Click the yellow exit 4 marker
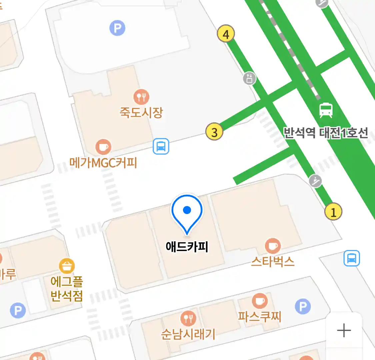click(x=226, y=34)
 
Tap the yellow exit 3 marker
click(x=214, y=132)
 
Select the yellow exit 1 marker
click(x=333, y=212)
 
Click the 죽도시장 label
click(x=141, y=112)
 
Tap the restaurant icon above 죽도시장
click(x=141, y=97)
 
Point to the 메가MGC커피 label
click(x=103, y=163)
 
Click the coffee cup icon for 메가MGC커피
click(x=103, y=147)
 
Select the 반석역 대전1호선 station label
click(x=326, y=133)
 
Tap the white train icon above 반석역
click(x=326, y=110)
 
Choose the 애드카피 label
click(x=187, y=247)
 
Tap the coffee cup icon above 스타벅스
click(x=273, y=246)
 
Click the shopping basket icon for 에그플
click(x=67, y=266)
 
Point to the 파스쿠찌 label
click(x=260, y=316)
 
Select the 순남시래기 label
click(x=188, y=334)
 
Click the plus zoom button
click(x=344, y=331)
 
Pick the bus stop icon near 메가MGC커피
click(x=161, y=146)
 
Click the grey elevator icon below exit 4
click(x=249, y=79)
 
